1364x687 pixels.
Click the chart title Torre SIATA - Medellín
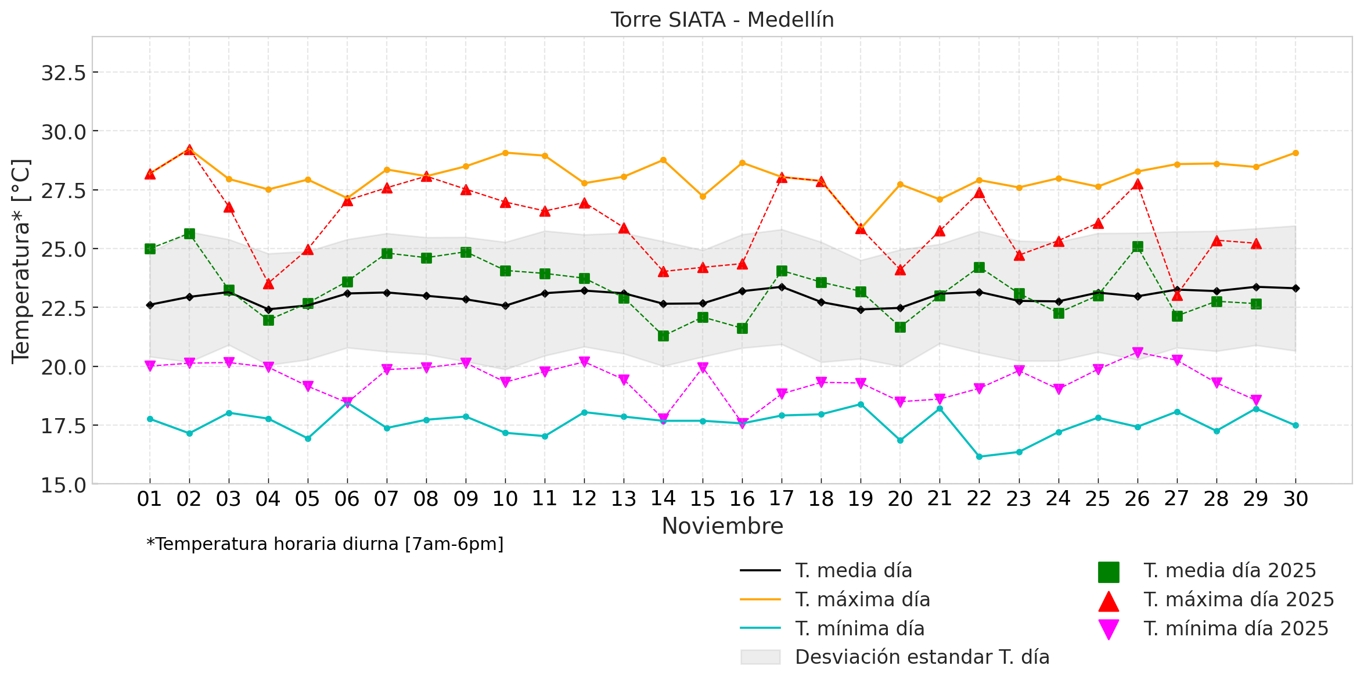(x=722, y=20)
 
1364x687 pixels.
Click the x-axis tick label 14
(x=663, y=499)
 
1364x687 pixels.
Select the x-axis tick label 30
(x=1295, y=499)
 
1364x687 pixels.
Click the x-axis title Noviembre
(x=722, y=526)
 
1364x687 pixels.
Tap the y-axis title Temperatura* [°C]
(x=21, y=261)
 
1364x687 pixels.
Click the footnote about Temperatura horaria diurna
(x=325, y=544)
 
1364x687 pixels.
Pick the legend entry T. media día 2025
(x=1229, y=571)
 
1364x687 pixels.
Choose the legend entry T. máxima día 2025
(x=1239, y=600)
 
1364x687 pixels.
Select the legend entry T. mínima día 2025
(x=1236, y=629)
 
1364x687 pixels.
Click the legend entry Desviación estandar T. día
(x=922, y=657)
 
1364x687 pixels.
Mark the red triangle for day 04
(x=268, y=283)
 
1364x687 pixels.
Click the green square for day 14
(x=663, y=336)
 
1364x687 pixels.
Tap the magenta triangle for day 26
(x=1138, y=353)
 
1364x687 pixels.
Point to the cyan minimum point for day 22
(x=979, y=456)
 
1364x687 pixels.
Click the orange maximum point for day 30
(x=1295, y=153)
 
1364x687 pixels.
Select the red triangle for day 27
(x=1177, y=295)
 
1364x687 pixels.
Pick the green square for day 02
(x=189, y=233)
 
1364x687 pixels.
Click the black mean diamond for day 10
(x=505, y=305)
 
